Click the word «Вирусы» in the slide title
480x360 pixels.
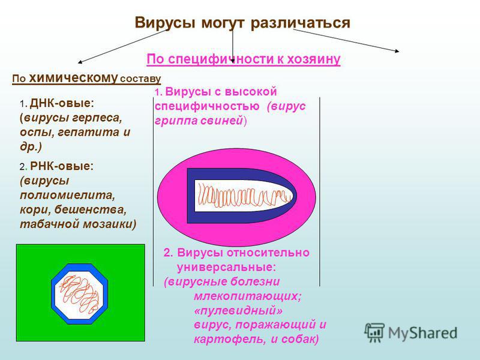click(165, 23)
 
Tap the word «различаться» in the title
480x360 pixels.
click(301, 23)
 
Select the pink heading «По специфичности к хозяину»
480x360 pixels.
click(244, 59)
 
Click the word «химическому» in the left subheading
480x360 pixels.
click(73, 78)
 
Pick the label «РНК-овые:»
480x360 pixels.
click(62, 166)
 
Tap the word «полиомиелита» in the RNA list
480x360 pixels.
click(67, 196)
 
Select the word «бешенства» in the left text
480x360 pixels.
click(92, 210)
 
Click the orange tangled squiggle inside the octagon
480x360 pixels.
click(79, 294)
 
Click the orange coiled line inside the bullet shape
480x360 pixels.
click(244, 196)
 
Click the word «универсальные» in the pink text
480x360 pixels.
click(227, 267)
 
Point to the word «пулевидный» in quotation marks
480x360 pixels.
click(238, 311)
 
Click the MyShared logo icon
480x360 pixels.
click(374, 332)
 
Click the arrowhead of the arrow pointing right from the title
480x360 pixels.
click(397, 51)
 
